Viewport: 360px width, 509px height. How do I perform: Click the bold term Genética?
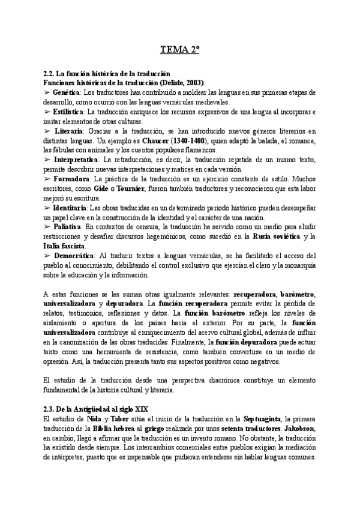(x=67, y=92)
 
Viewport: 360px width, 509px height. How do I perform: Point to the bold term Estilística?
(x=68, y=112)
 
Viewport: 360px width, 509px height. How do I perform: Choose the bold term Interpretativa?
(x=76, y=160)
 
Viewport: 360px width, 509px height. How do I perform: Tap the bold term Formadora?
(x=72, y=179)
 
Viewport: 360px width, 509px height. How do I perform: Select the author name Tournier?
(x=127, y=188)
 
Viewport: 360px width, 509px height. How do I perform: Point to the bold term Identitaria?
(x=72, y=208)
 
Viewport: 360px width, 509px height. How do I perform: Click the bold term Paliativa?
(x=68, y=227)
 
